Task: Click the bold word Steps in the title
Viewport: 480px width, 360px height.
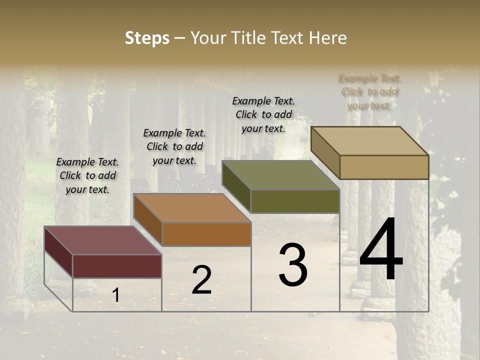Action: (147, 38)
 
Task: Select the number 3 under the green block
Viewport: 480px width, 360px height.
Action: (292, 265)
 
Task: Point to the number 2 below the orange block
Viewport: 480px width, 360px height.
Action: (201, 280)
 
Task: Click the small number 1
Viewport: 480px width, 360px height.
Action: (115, 295)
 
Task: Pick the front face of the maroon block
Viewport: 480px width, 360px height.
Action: (117, 266)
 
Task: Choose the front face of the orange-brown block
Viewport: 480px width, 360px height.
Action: (206, 234)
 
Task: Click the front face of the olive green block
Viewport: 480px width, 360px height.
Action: (295, 201)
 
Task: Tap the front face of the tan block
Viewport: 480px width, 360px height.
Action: (384, 167)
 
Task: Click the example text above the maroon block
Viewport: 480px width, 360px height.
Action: (87, 175)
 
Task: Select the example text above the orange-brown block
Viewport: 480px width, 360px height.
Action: (174, 146)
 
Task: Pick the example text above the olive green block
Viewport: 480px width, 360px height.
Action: (263, 114)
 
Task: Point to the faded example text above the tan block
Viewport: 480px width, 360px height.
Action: (369, 91)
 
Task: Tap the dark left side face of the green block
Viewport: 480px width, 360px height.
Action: (236, 186)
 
